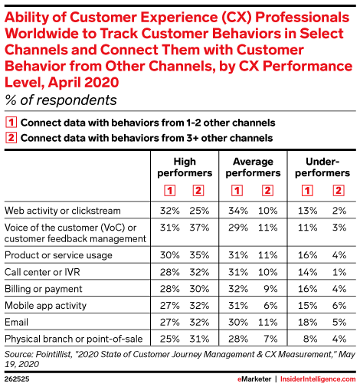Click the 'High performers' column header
tap(185, 167)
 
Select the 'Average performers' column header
tap(253, 167)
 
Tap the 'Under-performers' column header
tap(322, 167)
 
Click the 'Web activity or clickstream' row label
tap(63, 211)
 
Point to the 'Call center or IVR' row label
tap(42, 272)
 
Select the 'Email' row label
tap(16, 322)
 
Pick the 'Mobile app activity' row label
tap(45, 306)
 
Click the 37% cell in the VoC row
tap(199, 228)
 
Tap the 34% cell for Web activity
tap(238, 211)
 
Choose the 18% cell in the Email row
tap(308, 322)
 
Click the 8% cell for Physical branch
tap(310, 339)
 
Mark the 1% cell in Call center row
tap(339, 272)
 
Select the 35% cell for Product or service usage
tap(199, 255)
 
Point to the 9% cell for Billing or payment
tap(270, 289)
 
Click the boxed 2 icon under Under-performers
tap(339, 191)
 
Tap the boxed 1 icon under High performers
tap(169, 191)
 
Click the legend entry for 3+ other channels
tap(139, 138)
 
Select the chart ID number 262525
tap(17, 379)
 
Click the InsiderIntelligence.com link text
tap(318, 379)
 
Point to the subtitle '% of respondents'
tap(61, 100)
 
